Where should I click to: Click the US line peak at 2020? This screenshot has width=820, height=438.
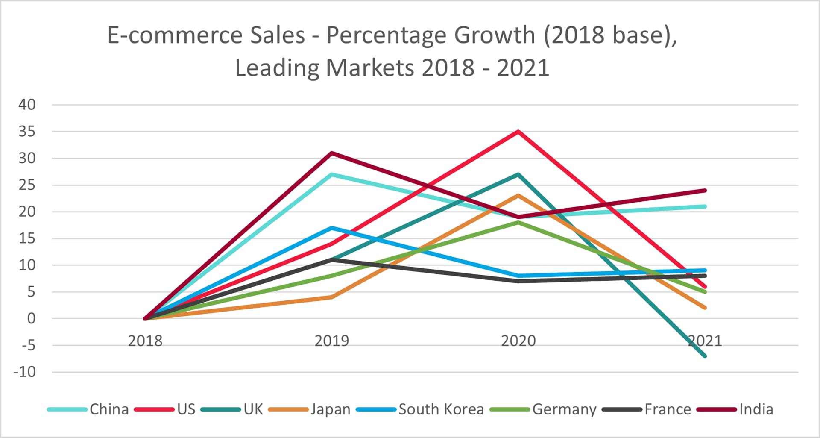(518, 132)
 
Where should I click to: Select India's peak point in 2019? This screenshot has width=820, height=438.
(332, 153)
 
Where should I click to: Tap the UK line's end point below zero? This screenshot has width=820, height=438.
(705, 356)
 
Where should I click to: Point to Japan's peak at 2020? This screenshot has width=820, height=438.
(518, 196)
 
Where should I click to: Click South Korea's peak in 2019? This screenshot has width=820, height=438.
(332, 228)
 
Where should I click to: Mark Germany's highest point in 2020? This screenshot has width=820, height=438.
(518, 222)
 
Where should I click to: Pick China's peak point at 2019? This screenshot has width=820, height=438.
(332, 174)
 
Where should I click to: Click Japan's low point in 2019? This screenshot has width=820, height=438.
(332, 297)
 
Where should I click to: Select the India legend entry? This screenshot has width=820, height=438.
(735, 409)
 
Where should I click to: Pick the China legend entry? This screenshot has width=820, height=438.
(88, 409)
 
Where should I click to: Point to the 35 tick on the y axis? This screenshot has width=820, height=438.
(27, 132)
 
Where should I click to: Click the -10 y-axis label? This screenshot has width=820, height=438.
(25, 372)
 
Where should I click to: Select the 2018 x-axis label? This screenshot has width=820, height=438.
(145, 341)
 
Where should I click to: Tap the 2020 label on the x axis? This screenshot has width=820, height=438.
(518, 341)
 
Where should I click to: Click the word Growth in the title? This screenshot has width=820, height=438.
(494, 35)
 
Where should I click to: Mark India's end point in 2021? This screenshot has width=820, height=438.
(705, 191)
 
